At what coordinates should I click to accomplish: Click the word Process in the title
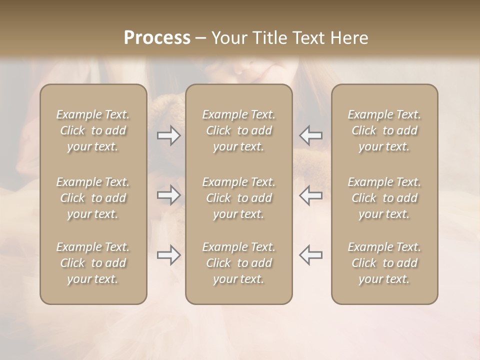(157, 38)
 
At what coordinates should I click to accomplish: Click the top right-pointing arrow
(168, 135)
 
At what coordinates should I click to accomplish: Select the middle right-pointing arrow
(168, 195)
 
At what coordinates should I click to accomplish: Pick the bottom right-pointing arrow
(168, 255)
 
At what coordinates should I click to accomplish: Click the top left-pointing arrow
(310, 135)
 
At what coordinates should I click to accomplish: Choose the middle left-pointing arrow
(310, 195)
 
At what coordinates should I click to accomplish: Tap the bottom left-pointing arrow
(310, 255)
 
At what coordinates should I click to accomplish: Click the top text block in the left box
(93, 130)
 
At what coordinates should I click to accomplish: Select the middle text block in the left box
(93, 198)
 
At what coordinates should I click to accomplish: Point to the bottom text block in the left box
(93, 263)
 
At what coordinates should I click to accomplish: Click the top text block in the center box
(238, 130)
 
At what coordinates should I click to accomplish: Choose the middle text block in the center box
(238, 198)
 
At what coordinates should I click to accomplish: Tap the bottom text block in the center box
(238, 263)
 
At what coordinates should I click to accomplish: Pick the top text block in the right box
(384, 130)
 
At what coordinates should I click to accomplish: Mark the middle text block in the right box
(384, 198)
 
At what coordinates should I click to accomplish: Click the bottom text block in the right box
(384, 263)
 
